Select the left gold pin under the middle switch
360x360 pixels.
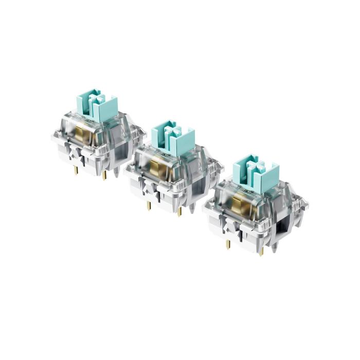(x=149, y=206)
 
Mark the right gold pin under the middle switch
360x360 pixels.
(x=179, y=210)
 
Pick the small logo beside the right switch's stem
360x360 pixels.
(x=244, y=191)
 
